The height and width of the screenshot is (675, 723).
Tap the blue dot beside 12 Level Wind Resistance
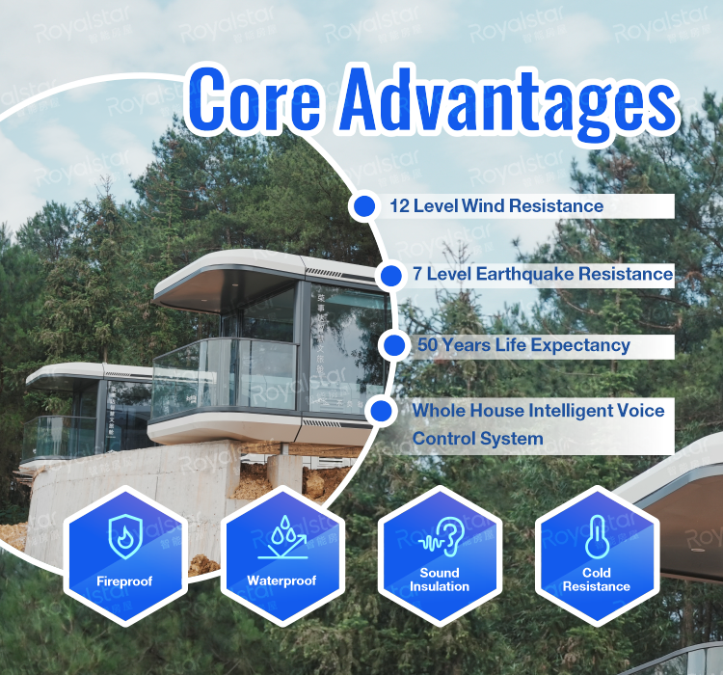(x=364, y=205)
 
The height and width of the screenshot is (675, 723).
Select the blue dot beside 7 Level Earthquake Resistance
(x=389, y=276)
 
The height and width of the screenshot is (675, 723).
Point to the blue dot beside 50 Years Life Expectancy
(x=394, y=345)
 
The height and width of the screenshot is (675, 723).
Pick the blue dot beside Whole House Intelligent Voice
(x=382, y=411)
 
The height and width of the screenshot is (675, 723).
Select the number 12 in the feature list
(x=400, y=205)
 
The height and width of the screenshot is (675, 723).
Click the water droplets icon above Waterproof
(x=282, y=536)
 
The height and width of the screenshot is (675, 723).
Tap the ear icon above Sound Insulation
(x=440, y=536)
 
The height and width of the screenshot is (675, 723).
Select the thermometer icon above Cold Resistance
(x=597, y=536)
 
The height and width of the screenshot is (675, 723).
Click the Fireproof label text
(x=125, y=580)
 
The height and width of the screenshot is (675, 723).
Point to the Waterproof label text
(x=282, y=580)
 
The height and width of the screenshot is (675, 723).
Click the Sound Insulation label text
(x=440, y=580)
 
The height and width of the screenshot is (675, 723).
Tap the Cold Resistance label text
(x=597, y=580)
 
